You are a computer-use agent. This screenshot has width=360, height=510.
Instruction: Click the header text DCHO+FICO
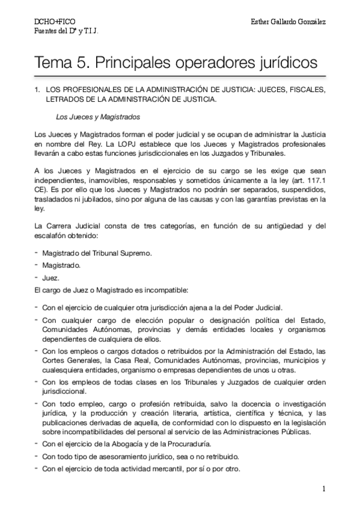pyautogui.click(x=50, y=22)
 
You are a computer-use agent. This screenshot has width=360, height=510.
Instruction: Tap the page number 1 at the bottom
pyautogui.click(x=323, y=489)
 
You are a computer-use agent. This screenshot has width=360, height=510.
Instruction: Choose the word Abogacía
pyautogui.click(x=126, y=444)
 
